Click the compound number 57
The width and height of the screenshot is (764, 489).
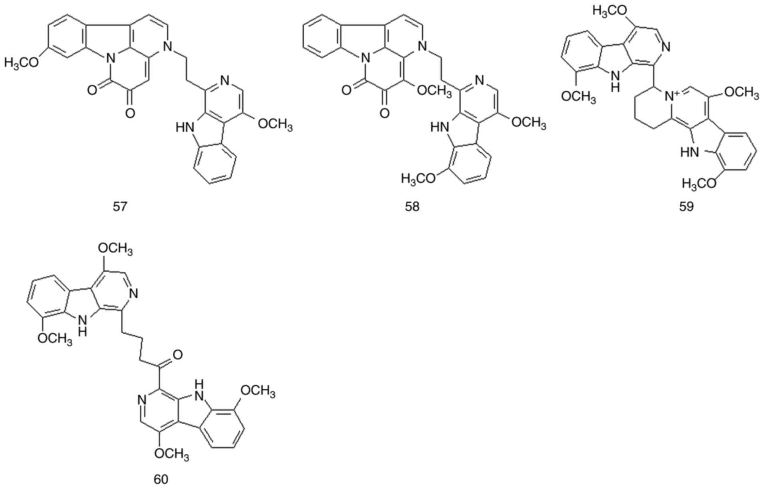[x=120, y=207]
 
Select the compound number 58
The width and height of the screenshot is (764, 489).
[x=412, y=207]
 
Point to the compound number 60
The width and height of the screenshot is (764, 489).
[x=161, y=479]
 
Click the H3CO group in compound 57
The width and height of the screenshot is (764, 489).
[x=22, y=63]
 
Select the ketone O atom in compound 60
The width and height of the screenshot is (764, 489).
[x=178, y=354]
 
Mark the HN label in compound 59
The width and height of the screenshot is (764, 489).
[x=690, y=152]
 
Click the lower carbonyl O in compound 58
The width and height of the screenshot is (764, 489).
[x=384, y=113]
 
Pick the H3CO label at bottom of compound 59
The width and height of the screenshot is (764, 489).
[x=699, y=184]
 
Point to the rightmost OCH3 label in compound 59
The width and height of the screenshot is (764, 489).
[x=741, y=93]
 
